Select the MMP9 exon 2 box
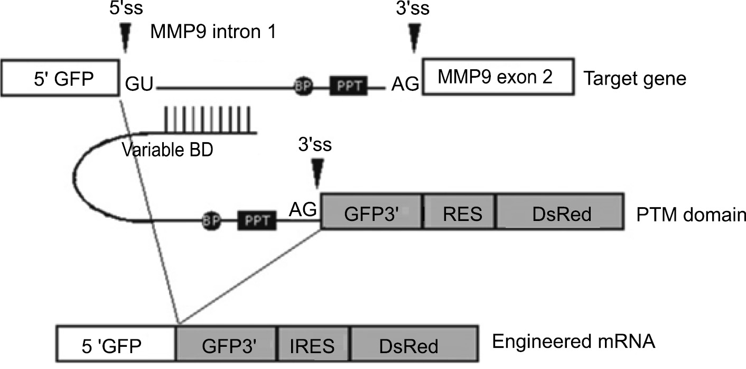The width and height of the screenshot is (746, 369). point(497,78)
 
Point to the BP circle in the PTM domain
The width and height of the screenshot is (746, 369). point(210,219)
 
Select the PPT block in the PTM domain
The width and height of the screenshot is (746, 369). point(257,219)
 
